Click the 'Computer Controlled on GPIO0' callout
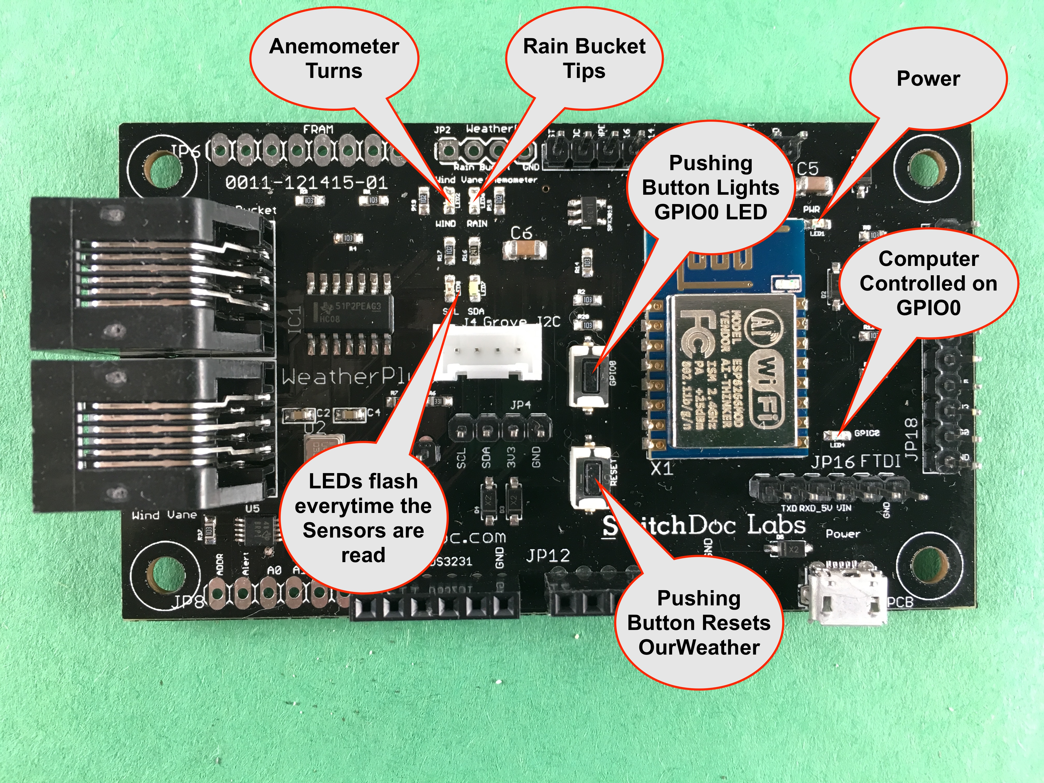928,283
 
